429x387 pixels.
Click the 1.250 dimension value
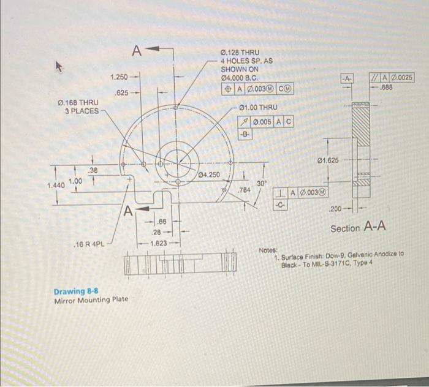120,77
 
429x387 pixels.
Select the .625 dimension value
124,93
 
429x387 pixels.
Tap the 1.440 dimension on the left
56,184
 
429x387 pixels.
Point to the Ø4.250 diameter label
210,176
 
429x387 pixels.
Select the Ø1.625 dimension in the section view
330,161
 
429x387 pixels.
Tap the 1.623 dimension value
160,242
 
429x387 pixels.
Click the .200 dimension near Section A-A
337,209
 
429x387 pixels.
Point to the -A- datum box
347,78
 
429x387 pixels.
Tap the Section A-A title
358,228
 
